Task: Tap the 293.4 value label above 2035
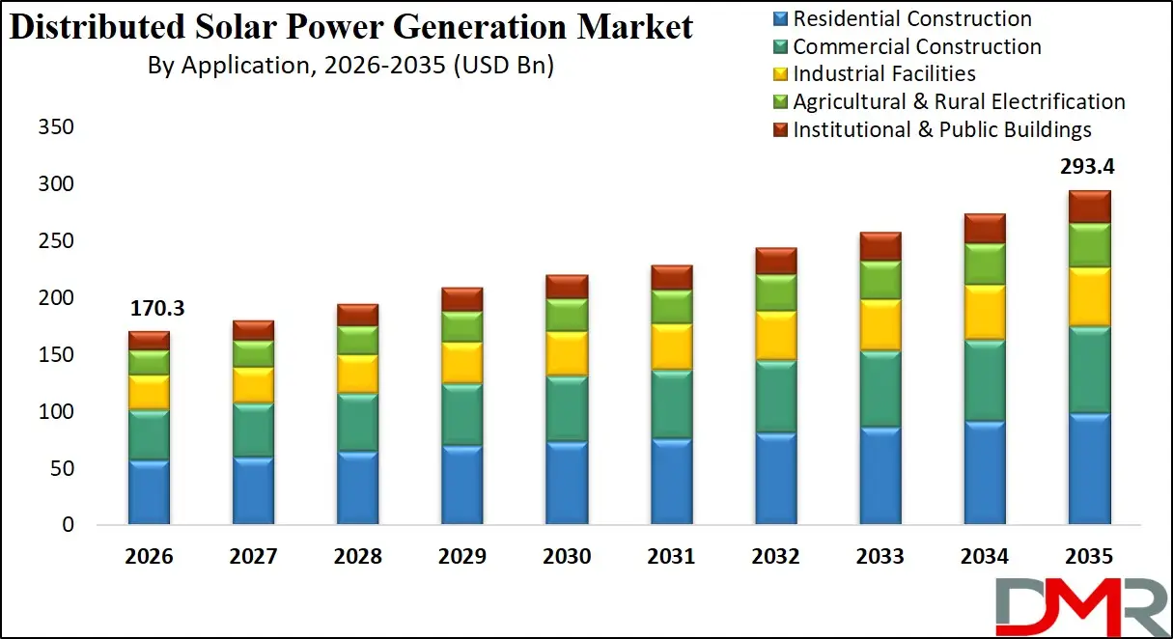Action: (x=1089, y=167)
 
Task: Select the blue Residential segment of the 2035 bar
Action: (x=1089, y=469)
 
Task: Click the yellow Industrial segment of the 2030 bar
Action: (x=567, y=353)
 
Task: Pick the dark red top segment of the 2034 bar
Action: (x=985, y=229)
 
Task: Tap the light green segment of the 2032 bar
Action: (x=776, y=292)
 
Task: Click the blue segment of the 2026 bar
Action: (x=149, y=492)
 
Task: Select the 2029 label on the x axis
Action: (x=462, y=557)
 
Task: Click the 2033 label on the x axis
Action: (x=880, y=557)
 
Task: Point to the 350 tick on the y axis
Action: (x=56, y=127)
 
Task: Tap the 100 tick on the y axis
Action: (x=56, y=412)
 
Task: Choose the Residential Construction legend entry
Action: (x=911, y=18)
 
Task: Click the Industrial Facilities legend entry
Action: (x=883, y=73)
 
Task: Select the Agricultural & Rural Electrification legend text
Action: (x=959, y=101)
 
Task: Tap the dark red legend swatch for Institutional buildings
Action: (x=781, y=129)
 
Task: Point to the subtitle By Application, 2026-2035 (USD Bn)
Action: (x=350, y=66)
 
